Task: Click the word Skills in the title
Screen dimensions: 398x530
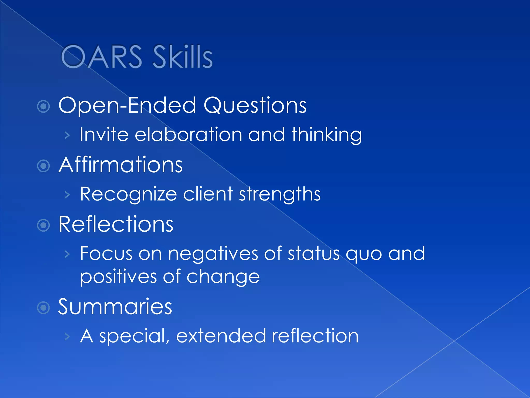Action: [183, 57]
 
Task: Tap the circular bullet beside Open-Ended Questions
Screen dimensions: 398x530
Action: [43, 106]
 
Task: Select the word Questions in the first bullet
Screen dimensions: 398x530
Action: [255, 106]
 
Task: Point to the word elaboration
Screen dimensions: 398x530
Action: [188, 135]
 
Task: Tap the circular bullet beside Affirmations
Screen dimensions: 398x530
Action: [43, 166]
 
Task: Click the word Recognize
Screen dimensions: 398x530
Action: [128, 194]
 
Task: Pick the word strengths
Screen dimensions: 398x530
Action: [279, 194]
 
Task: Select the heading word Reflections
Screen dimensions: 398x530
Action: [116, 224]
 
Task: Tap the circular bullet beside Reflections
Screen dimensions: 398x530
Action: [43, 225]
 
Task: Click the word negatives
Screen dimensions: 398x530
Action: [213, 254]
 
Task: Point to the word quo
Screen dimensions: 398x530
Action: [364, 254]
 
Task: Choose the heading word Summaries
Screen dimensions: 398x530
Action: [115, 307]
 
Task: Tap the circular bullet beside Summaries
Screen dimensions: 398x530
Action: [43, 308]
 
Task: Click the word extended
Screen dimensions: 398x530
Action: [221, 336]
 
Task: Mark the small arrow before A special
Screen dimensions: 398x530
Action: [67, 337]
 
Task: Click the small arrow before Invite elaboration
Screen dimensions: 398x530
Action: [67, 135]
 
